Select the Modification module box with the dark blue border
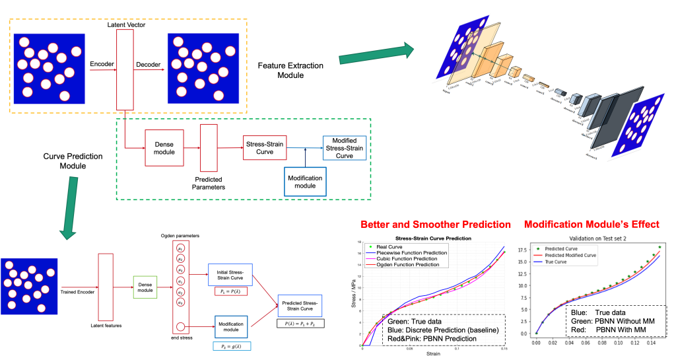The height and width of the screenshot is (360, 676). (x=305, y=182)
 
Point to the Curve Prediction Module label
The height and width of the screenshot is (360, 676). (x=64, y=161)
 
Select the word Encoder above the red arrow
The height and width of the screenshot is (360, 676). (x=101, y=63)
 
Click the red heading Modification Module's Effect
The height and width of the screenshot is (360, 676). (x=591, y=225)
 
